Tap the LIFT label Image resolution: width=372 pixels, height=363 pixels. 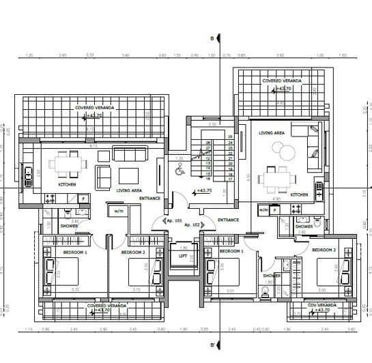183,255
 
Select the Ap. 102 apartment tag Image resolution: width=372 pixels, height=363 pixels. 192,224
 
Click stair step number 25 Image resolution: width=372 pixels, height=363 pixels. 230,137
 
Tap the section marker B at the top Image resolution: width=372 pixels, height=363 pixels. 212,38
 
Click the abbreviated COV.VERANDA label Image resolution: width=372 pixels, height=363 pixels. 319,304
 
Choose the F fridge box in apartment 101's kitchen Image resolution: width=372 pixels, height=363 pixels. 83,199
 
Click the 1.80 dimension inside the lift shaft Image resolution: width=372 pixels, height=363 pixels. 183,248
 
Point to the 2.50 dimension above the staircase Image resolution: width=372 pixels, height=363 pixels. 212,124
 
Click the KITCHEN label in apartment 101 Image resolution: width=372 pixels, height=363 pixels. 66,185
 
